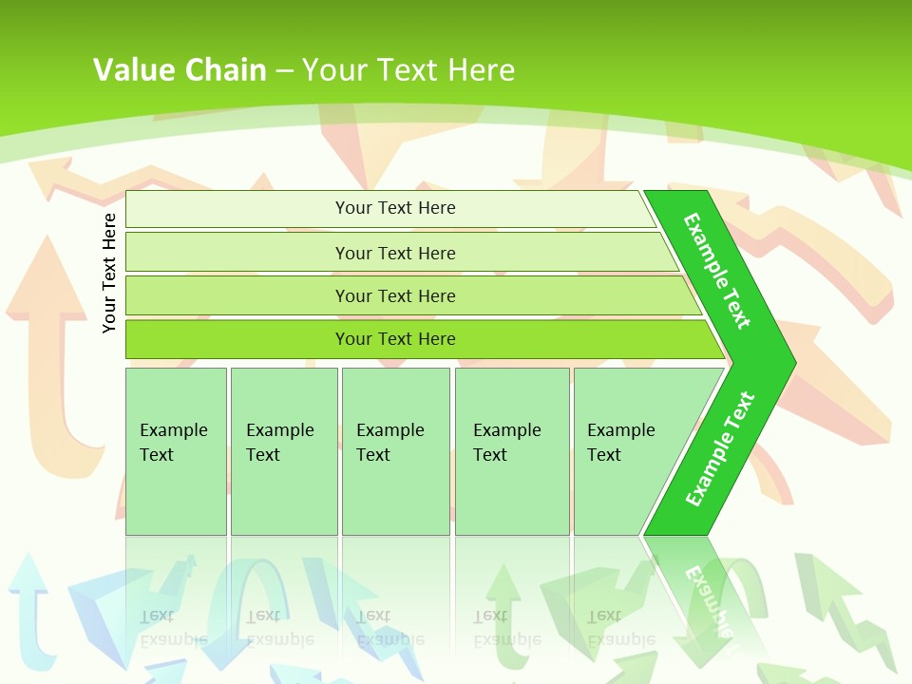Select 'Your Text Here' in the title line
pos(408,69)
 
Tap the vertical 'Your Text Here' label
pos(109,273)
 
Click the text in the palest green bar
pos(395,208)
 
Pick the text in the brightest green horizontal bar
pos(395,339)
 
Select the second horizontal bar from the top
pos(395,253)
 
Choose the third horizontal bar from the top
pos(395,295)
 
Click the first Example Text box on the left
pos(175,443)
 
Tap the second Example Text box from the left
pos(282,443)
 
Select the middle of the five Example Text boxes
pos(394,443)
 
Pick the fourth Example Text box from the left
pos(511,443)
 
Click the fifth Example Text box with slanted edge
pos(623,443)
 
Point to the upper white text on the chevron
pos(717,271)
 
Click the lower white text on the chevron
pos(720,449)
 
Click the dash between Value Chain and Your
pos(284,70)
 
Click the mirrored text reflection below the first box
pos(174,627)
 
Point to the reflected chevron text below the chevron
pos(708,598)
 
